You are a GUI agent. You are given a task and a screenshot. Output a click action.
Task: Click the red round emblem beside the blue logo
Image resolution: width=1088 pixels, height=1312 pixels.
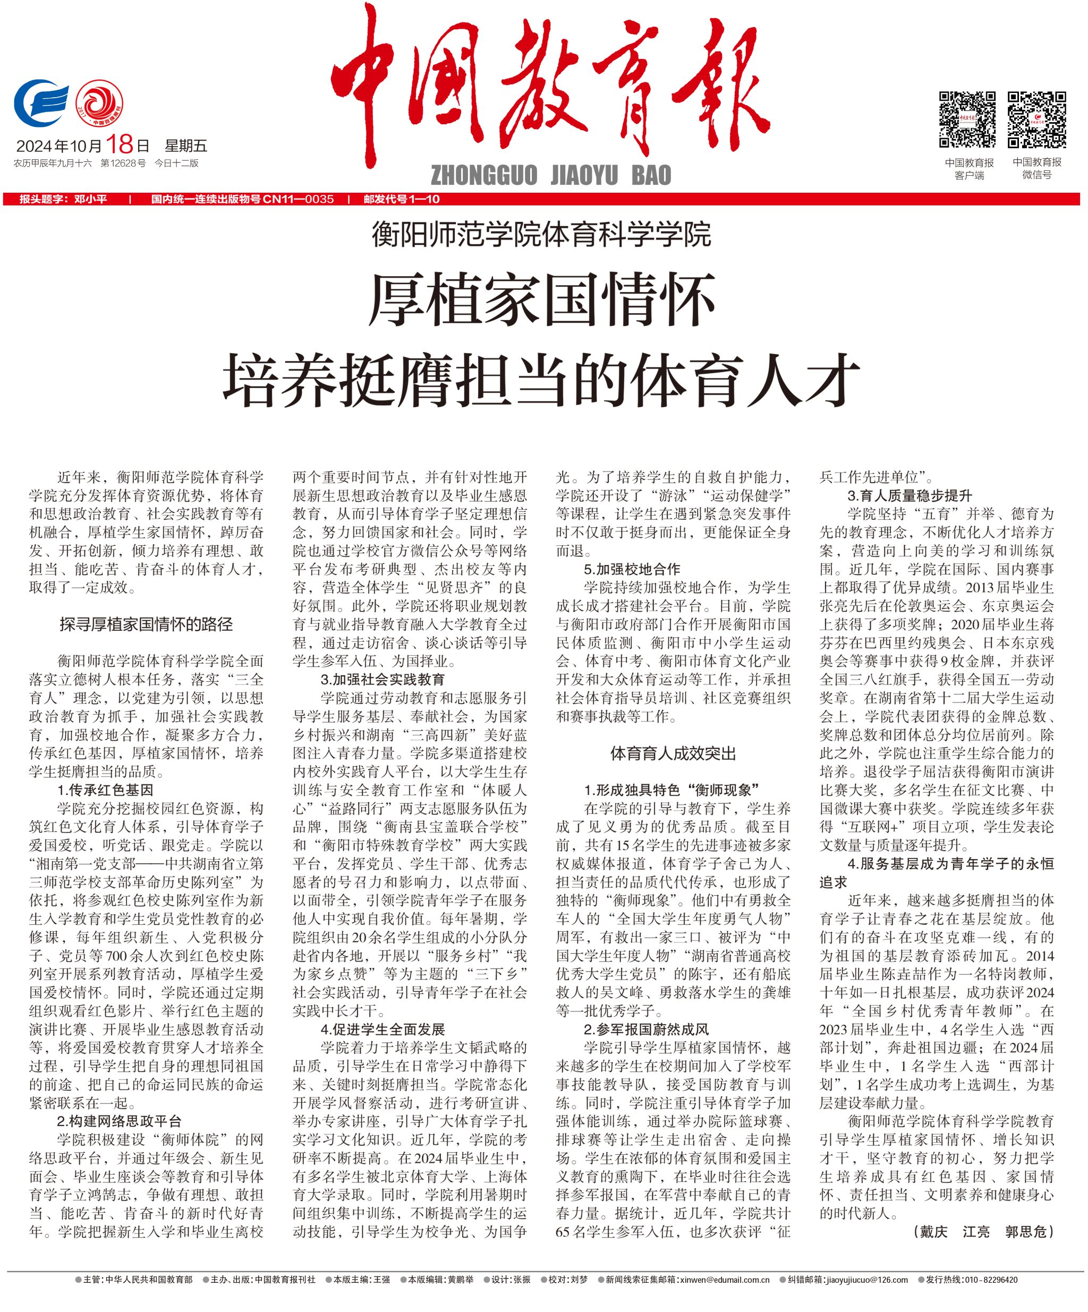click(99, 104)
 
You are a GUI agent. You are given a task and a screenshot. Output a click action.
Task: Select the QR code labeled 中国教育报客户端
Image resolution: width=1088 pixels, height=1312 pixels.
click(968, 119)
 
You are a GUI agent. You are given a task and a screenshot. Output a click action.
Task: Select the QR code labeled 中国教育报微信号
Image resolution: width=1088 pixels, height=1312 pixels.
click(1036, 119)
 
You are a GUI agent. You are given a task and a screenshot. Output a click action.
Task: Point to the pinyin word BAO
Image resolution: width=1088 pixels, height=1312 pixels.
click(651, 176)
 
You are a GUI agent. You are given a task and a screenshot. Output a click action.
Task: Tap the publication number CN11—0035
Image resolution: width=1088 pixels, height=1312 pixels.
click(298, 199)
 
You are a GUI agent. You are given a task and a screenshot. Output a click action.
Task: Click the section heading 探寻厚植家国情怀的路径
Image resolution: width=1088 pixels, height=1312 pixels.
click(146, 623)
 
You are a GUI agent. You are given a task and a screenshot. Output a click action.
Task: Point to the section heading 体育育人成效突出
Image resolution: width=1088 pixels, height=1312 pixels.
click(673, 753)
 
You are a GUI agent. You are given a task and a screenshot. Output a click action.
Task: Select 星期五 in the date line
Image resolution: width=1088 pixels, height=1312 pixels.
click(185, 147)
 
